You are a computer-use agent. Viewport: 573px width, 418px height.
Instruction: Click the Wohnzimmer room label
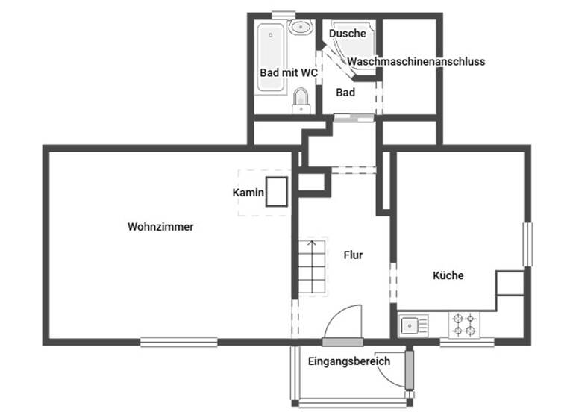160,227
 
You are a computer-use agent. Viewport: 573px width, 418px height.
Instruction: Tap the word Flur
353,255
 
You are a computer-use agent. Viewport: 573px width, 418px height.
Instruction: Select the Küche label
448,275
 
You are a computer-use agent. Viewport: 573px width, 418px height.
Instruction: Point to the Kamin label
248,193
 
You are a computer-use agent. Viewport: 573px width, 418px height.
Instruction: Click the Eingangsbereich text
349,361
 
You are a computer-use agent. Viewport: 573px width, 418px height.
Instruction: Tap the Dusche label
348,33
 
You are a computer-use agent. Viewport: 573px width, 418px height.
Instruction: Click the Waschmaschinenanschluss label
416,61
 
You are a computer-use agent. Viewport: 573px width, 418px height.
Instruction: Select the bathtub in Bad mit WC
270,58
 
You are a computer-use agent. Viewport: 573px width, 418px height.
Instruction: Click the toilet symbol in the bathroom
301,100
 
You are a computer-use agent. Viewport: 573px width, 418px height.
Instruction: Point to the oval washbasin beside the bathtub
300,27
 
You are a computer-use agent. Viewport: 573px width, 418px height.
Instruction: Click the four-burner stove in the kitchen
463,325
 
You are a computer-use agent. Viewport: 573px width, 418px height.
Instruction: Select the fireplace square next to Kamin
278,192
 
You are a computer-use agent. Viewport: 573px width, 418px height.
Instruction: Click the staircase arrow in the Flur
312,243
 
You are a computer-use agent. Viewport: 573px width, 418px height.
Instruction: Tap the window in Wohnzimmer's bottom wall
179,342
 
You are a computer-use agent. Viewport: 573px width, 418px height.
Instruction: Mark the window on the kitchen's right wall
528,243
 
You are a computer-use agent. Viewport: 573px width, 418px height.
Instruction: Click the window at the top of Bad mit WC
284,13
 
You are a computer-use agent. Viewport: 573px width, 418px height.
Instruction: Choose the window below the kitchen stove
467,342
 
